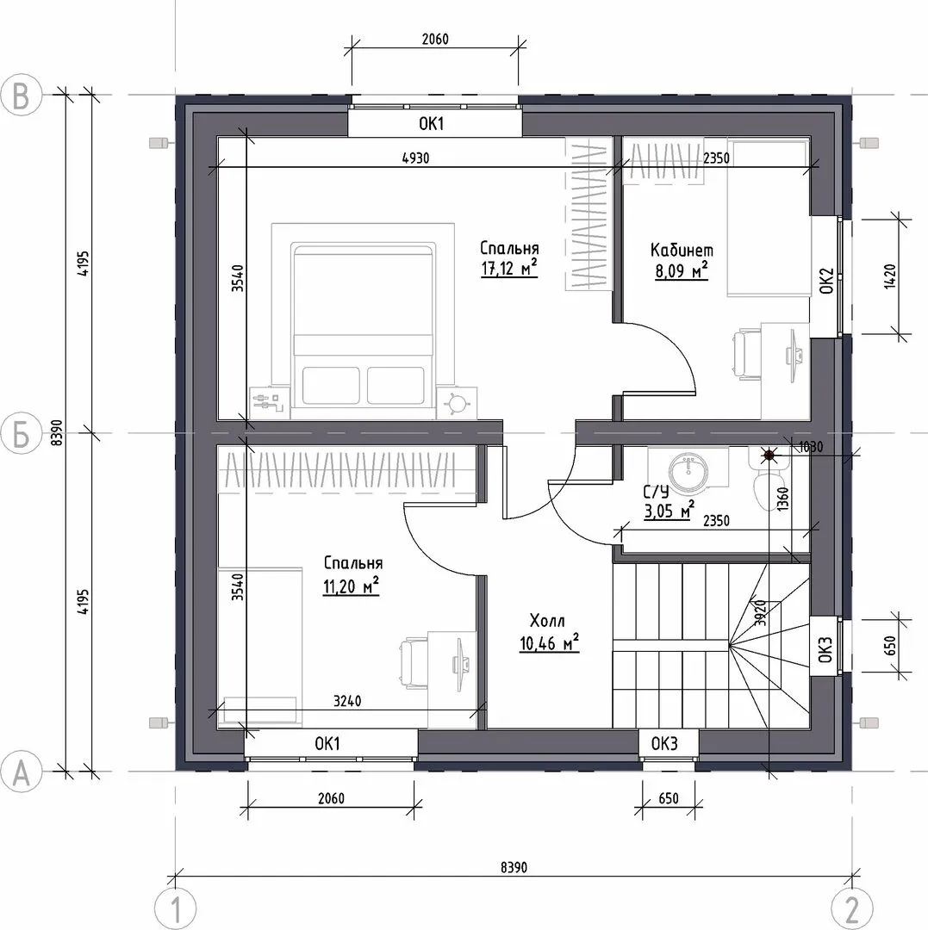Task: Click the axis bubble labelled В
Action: click(x=22, y=95)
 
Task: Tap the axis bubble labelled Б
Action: click(x=22, y=433)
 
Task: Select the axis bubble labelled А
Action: click(x=22, y=772)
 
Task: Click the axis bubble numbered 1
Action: click(x=176, y=908)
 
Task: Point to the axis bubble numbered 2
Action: click(x=853, y=908)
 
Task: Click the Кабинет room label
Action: click(x=682, y=250)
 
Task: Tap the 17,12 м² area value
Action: click(x=509, y=269)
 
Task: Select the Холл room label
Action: click(x=547, y=621)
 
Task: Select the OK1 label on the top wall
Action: click(x=432, y=124)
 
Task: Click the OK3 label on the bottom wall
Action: click(x=664, y=744)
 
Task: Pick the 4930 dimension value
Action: click(x=415, y=158)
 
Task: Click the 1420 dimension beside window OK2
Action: click(x=889, y=276)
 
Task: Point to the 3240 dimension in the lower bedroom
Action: click(x=347, y=701)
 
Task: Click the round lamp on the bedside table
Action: click(x=457, y=403)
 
